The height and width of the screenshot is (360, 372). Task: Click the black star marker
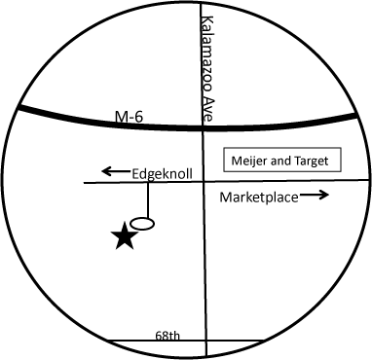(124, 235)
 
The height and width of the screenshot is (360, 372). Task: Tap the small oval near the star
(142, 224)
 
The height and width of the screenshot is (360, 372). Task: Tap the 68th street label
(167, 335)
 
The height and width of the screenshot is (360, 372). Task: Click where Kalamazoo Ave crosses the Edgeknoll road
(203, 182)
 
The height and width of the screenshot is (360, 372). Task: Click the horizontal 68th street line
(136, 342)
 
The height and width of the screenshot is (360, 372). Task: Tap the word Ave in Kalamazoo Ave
(207, 110)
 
